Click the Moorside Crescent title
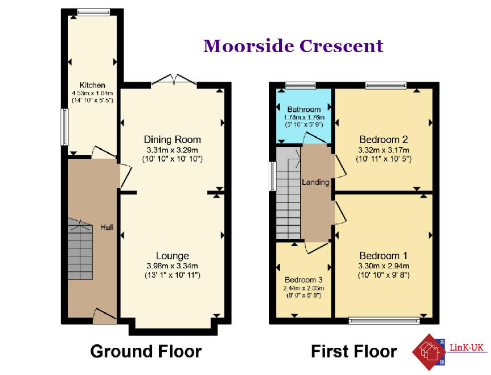293,46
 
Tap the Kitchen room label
92,85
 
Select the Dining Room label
172,140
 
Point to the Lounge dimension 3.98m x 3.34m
172,266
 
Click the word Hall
107,227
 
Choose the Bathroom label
304,109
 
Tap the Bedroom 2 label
383,140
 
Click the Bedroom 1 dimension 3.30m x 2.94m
383,266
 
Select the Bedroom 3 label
304,280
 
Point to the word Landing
315,182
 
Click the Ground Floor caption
146,352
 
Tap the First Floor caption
354,352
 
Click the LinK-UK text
467,347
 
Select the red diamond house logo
429,352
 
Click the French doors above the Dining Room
174,79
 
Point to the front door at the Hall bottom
105,316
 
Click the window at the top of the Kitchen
93,12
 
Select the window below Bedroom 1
384,321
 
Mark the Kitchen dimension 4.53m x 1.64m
92,93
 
